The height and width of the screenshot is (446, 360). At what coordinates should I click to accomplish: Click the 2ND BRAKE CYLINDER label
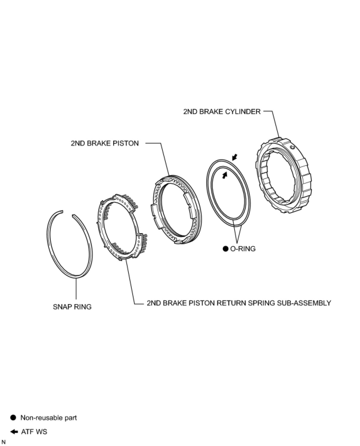coord(222,112)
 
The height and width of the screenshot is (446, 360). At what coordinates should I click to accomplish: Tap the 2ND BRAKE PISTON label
coord(105,143)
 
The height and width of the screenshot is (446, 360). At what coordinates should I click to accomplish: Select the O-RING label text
coord(243,249)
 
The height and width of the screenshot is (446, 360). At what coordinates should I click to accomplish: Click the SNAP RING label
coord(72,306)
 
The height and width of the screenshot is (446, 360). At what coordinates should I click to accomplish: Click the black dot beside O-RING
coord(226,249)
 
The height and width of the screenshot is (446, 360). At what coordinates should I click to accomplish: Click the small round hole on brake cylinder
coord(293,147)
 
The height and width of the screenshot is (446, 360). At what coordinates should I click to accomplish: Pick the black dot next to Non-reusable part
coord(13,418)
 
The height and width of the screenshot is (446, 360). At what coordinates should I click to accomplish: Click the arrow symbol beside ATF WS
coord(14,432)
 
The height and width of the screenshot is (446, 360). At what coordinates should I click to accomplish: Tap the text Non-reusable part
coord(49,418)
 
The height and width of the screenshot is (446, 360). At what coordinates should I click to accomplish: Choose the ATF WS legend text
coord(34,432)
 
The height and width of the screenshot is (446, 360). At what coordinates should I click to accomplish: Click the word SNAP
coord(62,306)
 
